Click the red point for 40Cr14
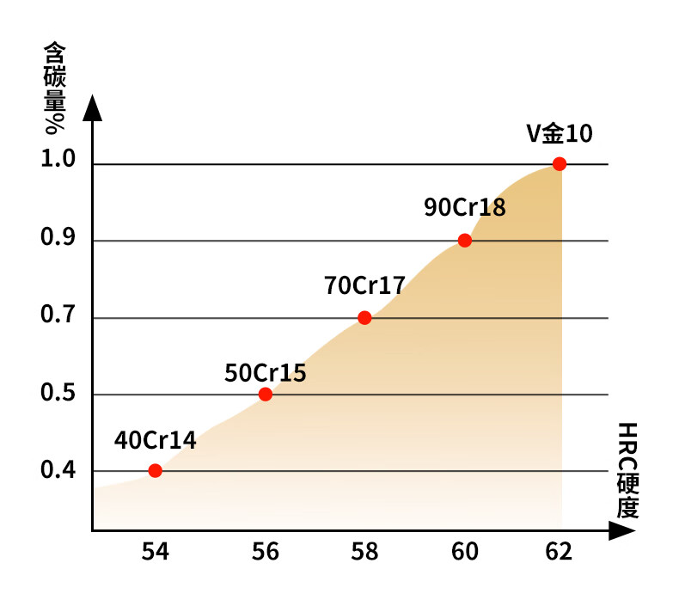pos(155,470)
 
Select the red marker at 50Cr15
pos(266,395)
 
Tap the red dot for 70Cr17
pos(364,318)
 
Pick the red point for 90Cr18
pos(465,241)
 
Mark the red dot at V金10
pos(560,163)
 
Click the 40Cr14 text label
pos(156,441)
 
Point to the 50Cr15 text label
pos(266,373)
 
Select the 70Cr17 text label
pos(364,285)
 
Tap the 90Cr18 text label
pos(465,207)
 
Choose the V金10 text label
pos(560,133)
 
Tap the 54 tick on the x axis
pos(155,552)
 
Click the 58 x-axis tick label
pos(364,552)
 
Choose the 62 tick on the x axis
pos(559,552)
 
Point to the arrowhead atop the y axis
pos(93,108)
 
